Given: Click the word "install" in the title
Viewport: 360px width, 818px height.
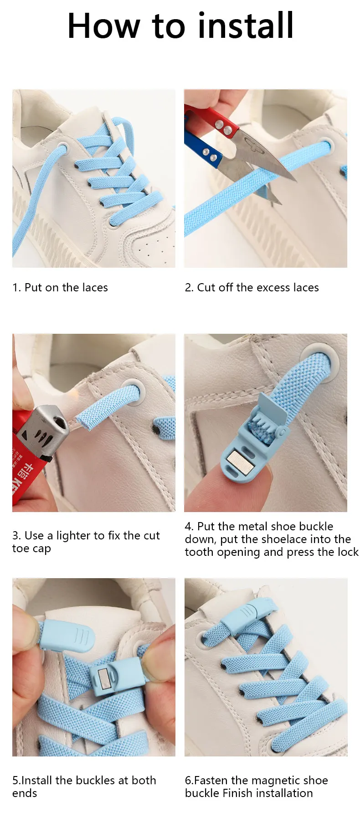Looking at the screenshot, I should click(x=246, y=26).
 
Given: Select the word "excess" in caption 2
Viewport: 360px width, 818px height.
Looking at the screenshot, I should click(x=273, y=288).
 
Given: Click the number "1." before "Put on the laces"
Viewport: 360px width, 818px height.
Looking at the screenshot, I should click(x=16, y=288).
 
